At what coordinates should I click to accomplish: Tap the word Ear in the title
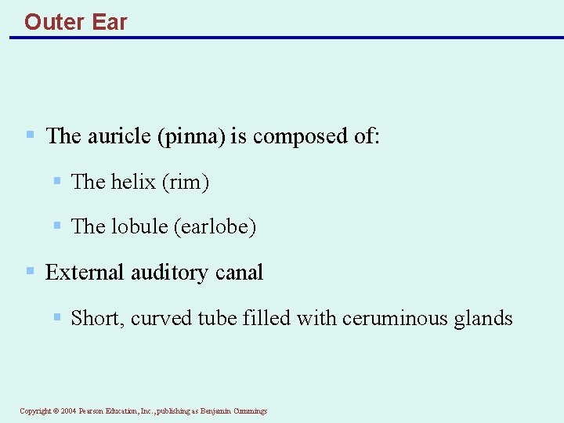(x=110, y=21)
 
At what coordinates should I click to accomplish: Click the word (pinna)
(x=191, y=136)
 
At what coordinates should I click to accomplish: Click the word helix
(x=133, y=182)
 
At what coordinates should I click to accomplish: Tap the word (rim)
(x=185, y=182)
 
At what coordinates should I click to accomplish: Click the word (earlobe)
(x=215, y=226)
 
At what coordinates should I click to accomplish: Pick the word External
(x=85, y=273)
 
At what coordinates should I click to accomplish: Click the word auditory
(x=170, y=273)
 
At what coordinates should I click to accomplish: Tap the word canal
(x=239, y=273)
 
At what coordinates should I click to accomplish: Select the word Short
(x=97, y=318)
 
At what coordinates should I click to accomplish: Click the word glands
(x=483, y=318)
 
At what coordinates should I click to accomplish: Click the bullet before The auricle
(x=30, y=135)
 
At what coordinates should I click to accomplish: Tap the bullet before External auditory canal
(x=30, y=271)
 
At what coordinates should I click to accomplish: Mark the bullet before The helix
(x=57, y=181)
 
